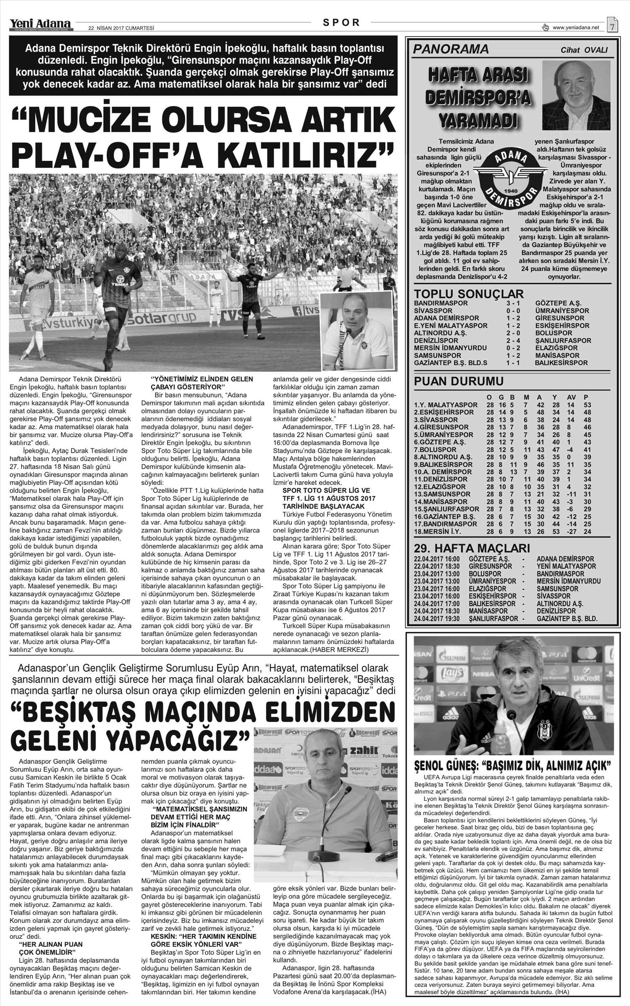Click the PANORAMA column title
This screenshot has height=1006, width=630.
[451, 50]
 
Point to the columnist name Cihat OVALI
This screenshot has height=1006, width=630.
[584, 50]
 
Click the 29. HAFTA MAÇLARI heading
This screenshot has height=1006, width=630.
[472, 548]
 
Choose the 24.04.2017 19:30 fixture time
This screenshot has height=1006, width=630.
[437, 619]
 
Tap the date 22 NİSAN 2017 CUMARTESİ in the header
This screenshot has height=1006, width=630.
[121, 29]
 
